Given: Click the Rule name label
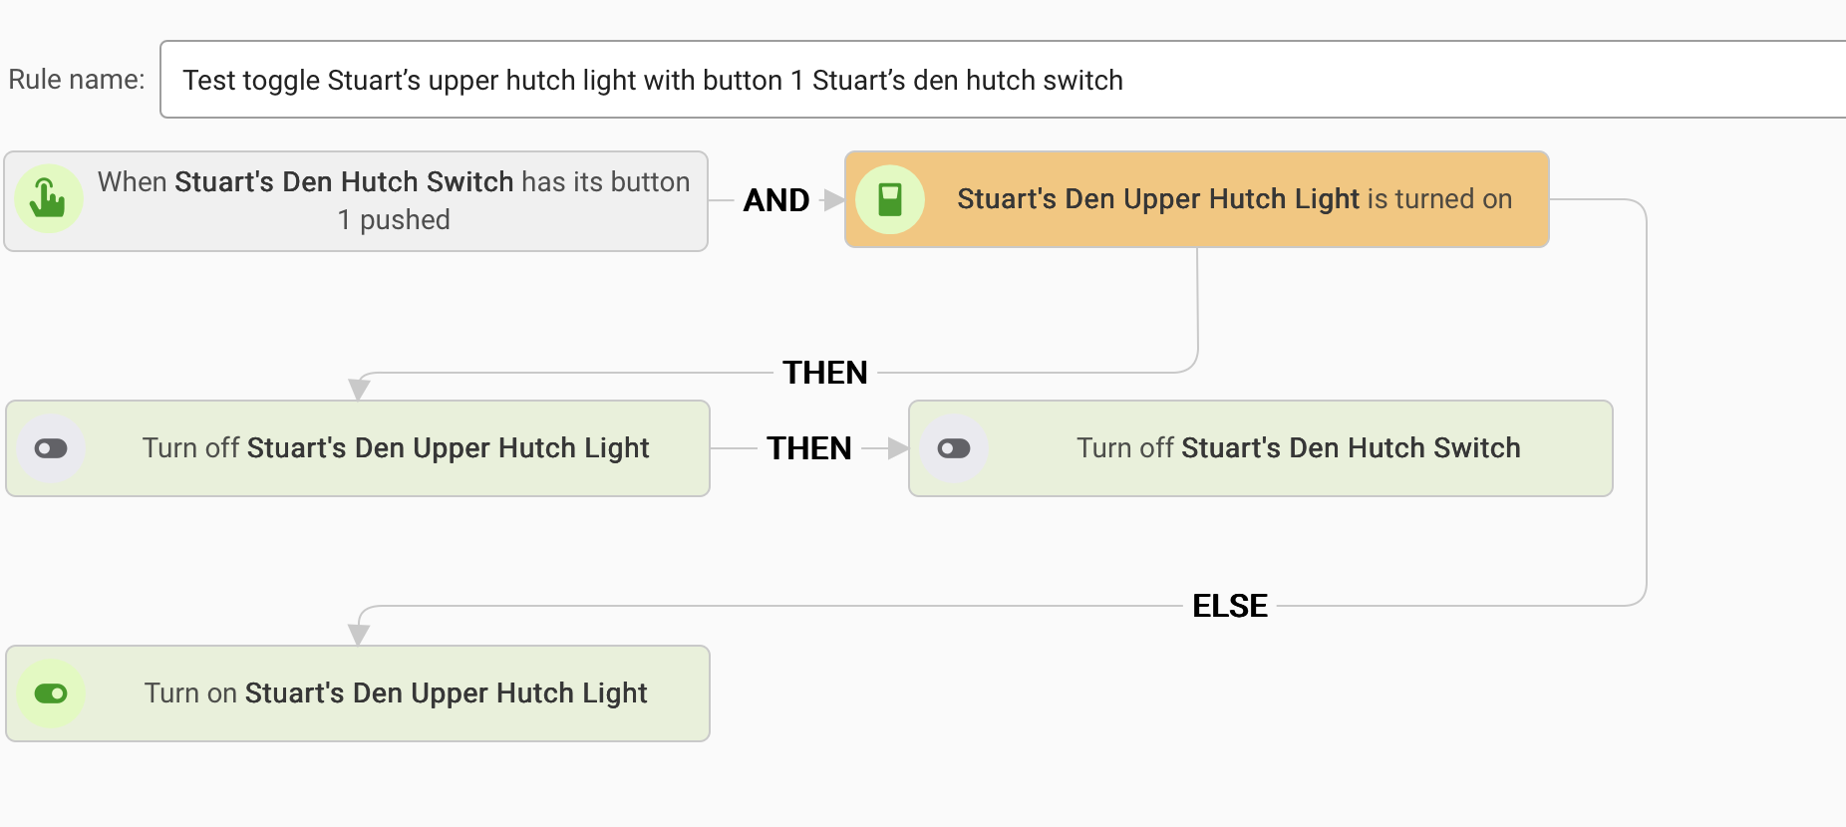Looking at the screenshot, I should [x=76, y=80].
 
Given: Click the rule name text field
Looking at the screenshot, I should [x=997, y=80].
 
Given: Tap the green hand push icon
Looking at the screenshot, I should [x=48, y=198].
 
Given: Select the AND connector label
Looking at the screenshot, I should [x=775, y=200].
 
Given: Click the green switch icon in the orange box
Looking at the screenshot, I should [x=890, y=199].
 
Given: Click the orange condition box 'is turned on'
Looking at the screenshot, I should [x=1234, y=199].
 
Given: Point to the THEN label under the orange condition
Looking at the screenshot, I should [x=824, y=373].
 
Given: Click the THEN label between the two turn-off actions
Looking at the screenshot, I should [x=808, y=448].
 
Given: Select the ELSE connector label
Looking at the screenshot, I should [x=1229, y=606].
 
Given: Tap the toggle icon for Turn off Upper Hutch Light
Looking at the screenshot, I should [x=51, y=448].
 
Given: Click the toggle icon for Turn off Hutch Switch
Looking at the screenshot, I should [x=954, y=448].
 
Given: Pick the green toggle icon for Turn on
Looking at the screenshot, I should [x=51, y=693].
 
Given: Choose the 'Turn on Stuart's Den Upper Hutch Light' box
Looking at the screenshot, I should [x=395, y=693].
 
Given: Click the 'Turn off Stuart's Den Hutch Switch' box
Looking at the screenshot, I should [x=1298, y=448].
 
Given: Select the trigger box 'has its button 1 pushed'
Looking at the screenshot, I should [x=393, y=200].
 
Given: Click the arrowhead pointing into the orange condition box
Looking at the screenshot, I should [x=833, y=200].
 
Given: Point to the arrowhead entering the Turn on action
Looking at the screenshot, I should [x=359, y=634].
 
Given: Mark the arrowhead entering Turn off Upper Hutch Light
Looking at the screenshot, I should [x=359, y=389].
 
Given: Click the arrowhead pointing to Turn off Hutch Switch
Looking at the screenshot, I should [x=897, y=448].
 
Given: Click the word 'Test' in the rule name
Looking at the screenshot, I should [x=209, y=80].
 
